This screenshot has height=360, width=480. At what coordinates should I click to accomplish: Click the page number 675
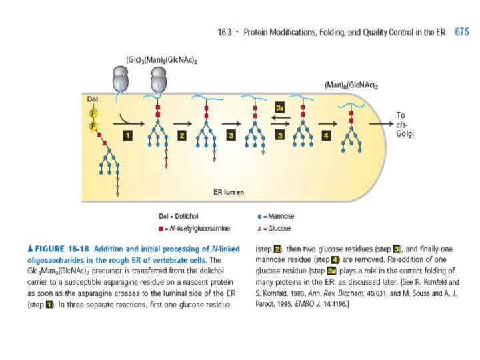pyautogui.click(x=461, y=31)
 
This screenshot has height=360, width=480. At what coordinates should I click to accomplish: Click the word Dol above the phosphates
pyautogui.click(x=93, y=99)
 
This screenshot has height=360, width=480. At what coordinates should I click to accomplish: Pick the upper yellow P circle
pyautogui.click(x=93, y=112)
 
